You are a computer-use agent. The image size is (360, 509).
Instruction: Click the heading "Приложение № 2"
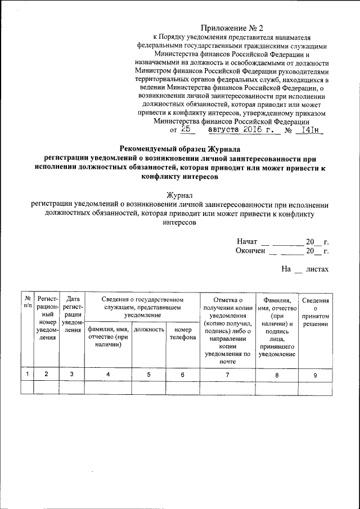[232, 28]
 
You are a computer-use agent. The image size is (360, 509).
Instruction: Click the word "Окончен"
[250, 251]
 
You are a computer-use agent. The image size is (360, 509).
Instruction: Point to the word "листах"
[317, 269]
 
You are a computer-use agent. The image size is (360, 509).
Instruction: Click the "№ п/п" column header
[26, 304]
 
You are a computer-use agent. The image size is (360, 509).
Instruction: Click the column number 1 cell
[26, 373]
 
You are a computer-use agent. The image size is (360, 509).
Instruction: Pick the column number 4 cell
[108, 373]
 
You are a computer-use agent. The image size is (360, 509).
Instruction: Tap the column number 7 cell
[227, 373]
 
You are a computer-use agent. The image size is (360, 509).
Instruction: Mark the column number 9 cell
[315, 373]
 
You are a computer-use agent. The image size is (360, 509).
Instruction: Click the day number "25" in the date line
[187, 129]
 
